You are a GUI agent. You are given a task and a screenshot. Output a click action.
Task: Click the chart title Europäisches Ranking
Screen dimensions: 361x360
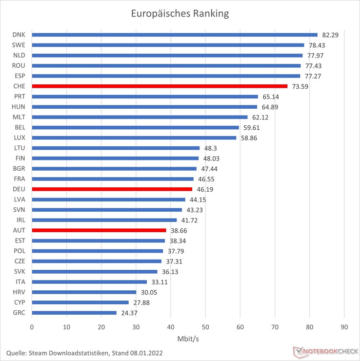pos(180,13)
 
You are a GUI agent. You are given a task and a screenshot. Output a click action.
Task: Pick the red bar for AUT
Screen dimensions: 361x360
pos(99,230)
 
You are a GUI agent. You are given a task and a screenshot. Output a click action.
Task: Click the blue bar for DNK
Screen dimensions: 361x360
pos(175,35)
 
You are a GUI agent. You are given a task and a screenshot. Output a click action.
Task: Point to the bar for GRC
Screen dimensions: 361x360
pos(74,313)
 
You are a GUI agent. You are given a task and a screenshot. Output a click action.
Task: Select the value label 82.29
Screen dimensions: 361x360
pos(330,35)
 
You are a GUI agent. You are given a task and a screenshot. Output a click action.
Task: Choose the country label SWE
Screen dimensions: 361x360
pos(20,45)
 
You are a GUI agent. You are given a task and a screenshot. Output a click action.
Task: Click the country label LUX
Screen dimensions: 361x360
pos(20,138)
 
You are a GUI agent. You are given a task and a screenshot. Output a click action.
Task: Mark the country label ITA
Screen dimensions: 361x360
pos(20,281)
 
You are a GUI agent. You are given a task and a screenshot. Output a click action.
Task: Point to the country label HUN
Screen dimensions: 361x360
pos(20,107)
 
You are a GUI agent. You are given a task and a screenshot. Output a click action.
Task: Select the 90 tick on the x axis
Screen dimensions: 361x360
pos(344,327)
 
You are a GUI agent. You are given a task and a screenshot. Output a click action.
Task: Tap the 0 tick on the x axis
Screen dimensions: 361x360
pos(32,327)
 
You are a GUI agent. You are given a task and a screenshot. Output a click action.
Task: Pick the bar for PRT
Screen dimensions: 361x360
pos(145,97)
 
